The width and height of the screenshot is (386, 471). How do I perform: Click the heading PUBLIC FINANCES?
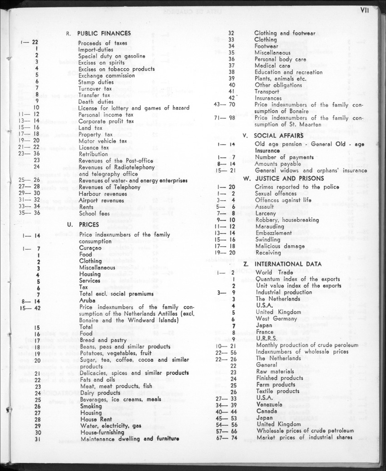pyautogui.click(x=104, y=33)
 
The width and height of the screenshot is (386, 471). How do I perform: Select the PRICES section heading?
pyautogui.click(x=89, y=224)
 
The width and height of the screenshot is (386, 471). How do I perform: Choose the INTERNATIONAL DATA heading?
pyautogui.click(x=288, y=264)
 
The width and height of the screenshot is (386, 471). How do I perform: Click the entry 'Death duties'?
pyautogui.click(x=96, y=102)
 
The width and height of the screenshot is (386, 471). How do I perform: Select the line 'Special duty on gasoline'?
pyautogui.click(x=112, y=56)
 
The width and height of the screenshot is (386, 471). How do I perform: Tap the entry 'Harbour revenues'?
pyautogui.click(x=103, y=194)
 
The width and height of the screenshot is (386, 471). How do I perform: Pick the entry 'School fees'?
pyautogui.click(x=94, y=213)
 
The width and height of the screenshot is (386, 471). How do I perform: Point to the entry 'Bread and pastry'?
pyautogui.click(x=102, y=340)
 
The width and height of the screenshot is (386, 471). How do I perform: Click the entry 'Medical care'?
pyautogui.click(x=272, y=66)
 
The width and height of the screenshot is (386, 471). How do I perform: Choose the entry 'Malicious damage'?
pyautogui.click(x=280, y=246)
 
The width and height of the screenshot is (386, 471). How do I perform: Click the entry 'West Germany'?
pyautogui.click(x=276, y=319)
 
